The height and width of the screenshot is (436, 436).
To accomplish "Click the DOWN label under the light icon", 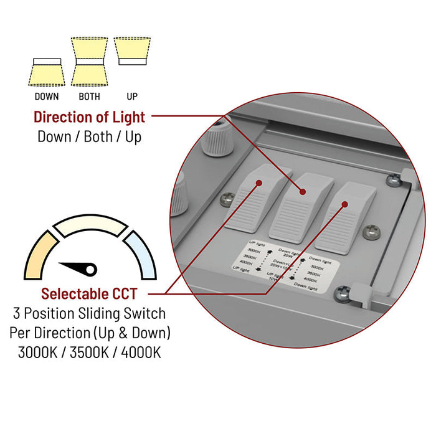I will [47, 97].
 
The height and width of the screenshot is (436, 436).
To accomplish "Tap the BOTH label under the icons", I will [90, 97].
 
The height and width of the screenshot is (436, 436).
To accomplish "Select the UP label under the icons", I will [132, 97].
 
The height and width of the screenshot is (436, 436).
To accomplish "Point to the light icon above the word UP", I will [132, 51].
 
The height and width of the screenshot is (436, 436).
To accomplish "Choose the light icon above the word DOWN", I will [47, 72].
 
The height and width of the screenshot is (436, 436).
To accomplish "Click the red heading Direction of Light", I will [89, 116].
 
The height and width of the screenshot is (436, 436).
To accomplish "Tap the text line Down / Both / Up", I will [89, 136].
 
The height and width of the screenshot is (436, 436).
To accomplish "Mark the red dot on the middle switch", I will [303, 192].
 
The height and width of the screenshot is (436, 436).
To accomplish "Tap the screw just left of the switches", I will [226, 201].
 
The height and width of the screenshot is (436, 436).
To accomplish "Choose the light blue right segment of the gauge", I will [141, 255].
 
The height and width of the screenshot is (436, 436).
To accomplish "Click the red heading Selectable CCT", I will [88, 293].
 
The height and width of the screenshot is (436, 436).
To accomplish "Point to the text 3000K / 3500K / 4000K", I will [90, 353].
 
